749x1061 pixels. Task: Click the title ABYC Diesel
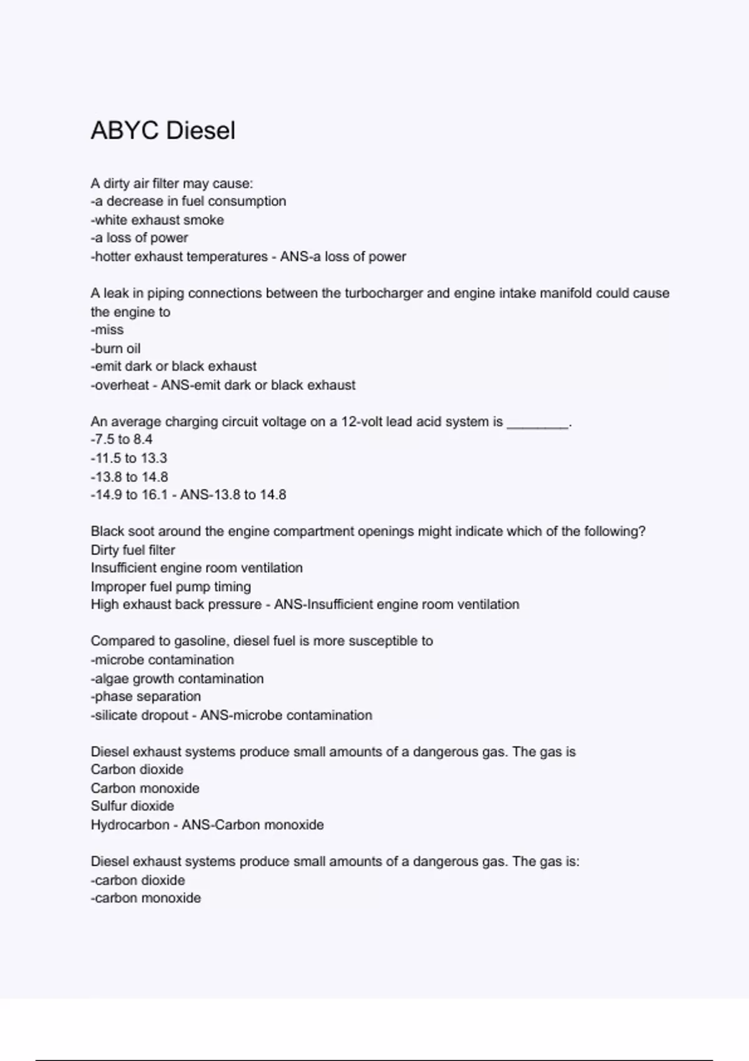[x=163, y=130]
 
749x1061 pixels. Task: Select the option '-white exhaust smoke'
[x=157, y=220]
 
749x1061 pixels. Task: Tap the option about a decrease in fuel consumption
[x=188, y=201]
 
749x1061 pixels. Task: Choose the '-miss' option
[x=107, y=330]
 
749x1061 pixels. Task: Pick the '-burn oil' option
[x=115, y=348]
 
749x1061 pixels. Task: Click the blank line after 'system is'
[x=537, y=423]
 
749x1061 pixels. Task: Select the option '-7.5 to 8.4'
[x=122, y=439]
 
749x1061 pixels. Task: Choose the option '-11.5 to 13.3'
[x=129, y=458]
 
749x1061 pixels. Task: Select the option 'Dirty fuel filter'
[x=133, y=550]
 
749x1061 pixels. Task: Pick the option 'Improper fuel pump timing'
[x=171, y=587]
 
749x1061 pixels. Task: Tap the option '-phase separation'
[x=146, y=697]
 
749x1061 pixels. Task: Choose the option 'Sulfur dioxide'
[x=132, y=806]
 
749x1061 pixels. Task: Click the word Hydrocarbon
[x=130, y=825]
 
